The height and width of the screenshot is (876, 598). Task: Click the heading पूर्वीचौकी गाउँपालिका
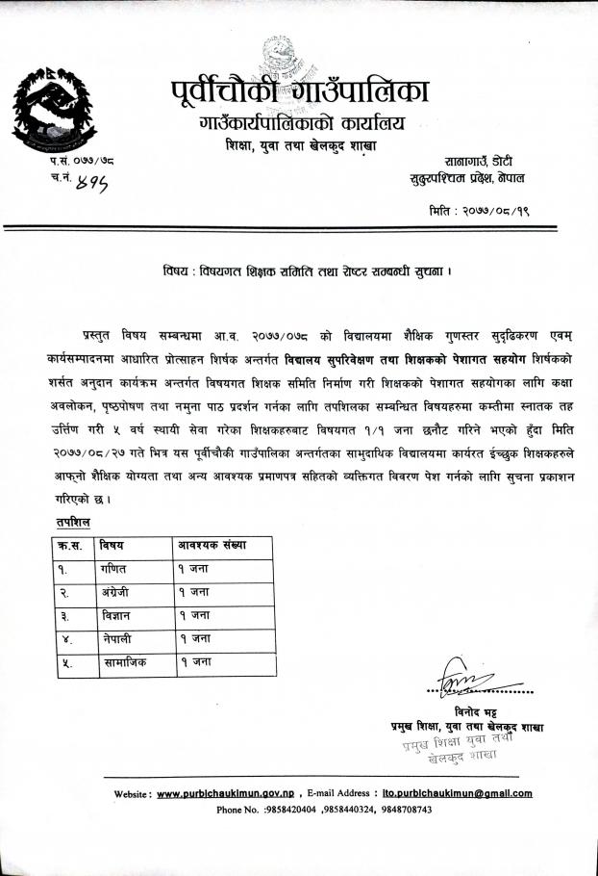pos(293,92)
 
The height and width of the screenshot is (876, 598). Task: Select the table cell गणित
pos(115,568)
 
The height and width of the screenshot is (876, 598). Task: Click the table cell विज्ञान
pos(118,616)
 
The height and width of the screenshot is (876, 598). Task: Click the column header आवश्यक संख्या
pos(212,545)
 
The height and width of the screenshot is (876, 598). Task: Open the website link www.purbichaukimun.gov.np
pos(224,794)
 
